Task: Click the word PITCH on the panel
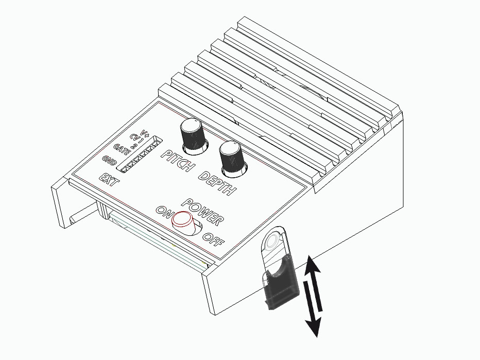pyautogui.click(x=178, y=161)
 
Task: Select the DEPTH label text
pyautogui.click(x=217, y=183)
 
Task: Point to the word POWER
pyautogui.click(x=202, y=211)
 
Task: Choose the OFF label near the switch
pyautogui.click(x=213, y=239)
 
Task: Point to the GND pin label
pyautogui.click(x=109, y=160)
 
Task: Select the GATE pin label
pyautogui.click(x=122, y=149)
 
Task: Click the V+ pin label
pyautogui.click(x=145, y=134)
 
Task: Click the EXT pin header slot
pyautogui.click(x=139, y=154)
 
